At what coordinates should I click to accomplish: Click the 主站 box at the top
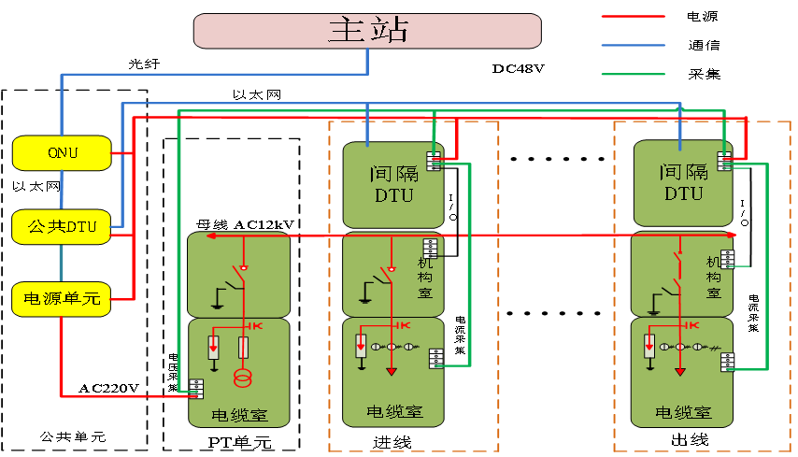(367, 30)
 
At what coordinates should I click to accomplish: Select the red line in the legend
(633, 16)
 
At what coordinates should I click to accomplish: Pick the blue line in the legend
(633, 44)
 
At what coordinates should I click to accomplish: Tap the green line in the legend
(633, 74)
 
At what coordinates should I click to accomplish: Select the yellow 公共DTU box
(62, 226)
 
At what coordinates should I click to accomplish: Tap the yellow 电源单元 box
(62, 299)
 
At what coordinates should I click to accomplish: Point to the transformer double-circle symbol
(243, 379)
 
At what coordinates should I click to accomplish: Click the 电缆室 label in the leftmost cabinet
(239, 414)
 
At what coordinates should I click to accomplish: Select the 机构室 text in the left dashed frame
(425, 278)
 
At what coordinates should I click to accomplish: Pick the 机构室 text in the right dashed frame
(714, 278)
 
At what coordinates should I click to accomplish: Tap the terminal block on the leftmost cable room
(196, 389)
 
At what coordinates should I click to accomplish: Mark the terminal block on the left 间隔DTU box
(434, 162)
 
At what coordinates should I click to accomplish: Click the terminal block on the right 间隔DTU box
(724, 162)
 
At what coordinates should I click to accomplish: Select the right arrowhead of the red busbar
(734, 235)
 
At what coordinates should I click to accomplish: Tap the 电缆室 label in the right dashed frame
(683, 412)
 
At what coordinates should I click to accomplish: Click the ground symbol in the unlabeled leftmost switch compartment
(217, 303)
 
